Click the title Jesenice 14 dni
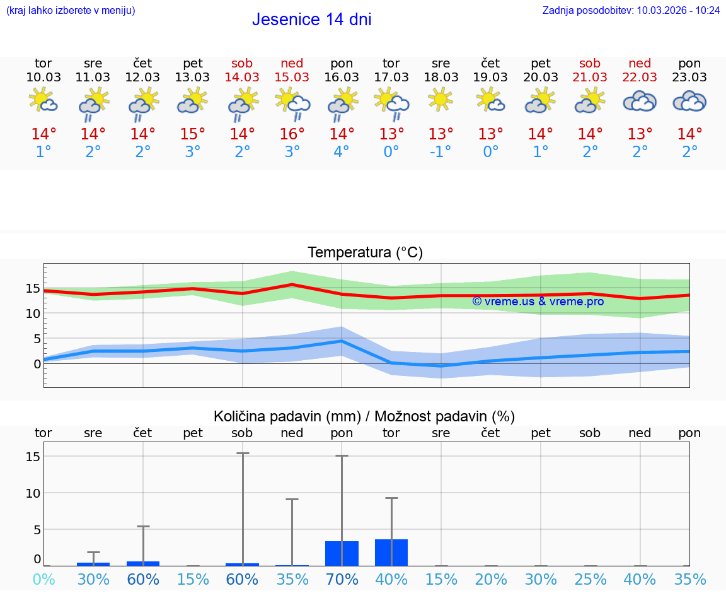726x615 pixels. click(311, 20)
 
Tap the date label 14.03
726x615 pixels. click(242, 77)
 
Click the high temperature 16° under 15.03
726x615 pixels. click(292, 134)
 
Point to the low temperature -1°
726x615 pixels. click(441, 152)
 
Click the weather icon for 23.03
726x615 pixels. click(689, 101)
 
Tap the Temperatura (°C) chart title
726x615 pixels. click(365, 253)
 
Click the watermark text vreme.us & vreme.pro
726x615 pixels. click(538, 302)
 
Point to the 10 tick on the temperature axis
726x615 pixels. click(33, 313)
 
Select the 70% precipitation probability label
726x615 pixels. click(342, 579)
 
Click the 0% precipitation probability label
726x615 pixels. click(43, 579)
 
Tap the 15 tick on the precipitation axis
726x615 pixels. click(33, 456)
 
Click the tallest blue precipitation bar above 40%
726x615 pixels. click(391, 553)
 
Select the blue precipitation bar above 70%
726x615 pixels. click(342, 553)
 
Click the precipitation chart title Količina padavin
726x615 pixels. click(364, 416)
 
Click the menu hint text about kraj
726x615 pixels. click(71, 11)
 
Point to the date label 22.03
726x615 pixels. click(640, 77)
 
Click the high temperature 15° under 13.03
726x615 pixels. click(192, 134)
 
